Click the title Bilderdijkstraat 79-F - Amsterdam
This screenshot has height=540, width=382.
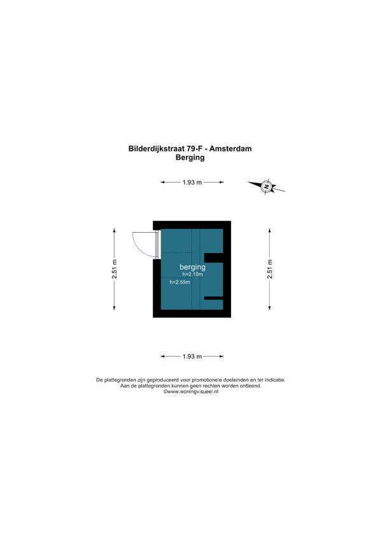click(190, 149)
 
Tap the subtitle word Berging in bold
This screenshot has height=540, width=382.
click(190, 158)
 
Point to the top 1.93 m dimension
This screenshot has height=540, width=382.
click(192, 182)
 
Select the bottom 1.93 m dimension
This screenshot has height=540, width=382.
click(192, 356)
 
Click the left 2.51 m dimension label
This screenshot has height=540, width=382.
click(115, 269)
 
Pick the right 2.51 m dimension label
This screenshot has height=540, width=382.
click(269, 269)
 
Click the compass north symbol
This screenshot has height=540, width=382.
click(267, 186)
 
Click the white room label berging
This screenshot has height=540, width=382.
click(192, 267)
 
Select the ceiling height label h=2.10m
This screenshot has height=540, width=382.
click(193, 275)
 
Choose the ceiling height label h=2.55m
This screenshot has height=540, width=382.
click(180, 282)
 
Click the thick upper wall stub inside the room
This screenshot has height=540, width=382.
click(214, 258)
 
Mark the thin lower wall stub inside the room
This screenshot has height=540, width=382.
click(214, 298)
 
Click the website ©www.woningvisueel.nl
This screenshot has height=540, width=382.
click(190, 392)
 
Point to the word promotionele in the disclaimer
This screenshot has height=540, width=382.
click(207, 380)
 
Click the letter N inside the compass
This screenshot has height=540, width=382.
click(266, 186)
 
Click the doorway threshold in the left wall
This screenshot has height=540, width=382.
click(157, 244)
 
